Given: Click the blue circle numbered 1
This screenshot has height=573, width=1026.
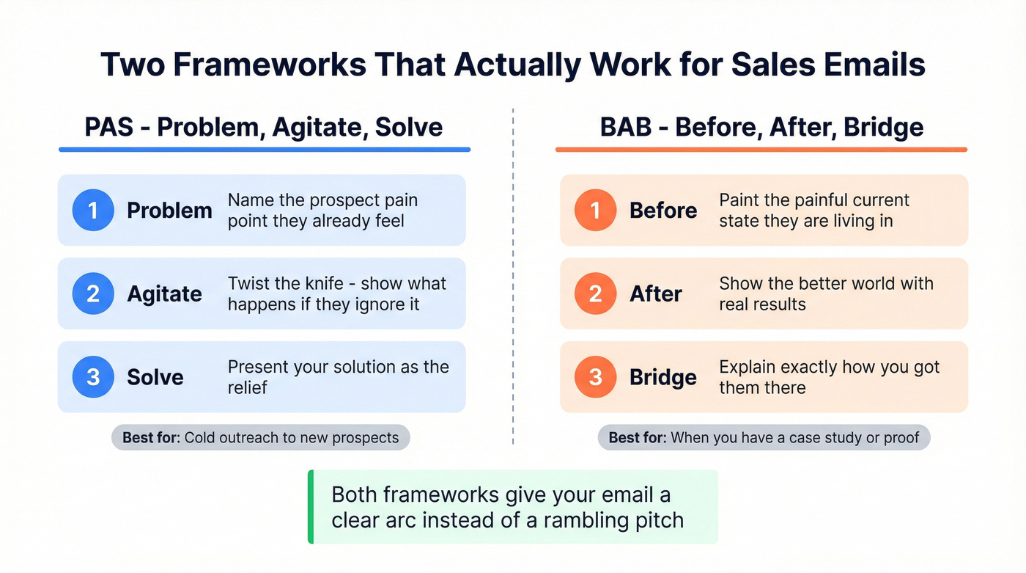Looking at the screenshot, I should coord(93,211).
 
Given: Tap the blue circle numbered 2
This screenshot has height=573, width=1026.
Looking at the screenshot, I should coord(93,293).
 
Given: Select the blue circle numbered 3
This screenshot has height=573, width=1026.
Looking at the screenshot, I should coord(93,377).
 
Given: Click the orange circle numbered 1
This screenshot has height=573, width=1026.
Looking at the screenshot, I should coord(595,211).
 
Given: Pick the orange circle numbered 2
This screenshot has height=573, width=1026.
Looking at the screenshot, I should coord(595,293).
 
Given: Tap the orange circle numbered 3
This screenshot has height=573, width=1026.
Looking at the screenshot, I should coord(595,377).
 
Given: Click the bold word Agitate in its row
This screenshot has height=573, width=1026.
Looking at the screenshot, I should coord(164,293).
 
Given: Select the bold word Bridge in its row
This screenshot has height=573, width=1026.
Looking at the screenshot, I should coord(663,377).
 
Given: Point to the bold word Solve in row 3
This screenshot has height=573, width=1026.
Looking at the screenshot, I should coord(155,377).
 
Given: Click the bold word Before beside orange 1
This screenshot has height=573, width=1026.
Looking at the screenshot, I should coord(663,211).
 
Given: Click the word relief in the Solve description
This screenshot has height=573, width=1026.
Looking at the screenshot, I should coord(248,387).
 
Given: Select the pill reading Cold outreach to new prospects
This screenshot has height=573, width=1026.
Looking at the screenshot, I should coord(260,438).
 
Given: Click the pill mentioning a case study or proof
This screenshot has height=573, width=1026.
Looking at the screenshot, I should coord(764,438).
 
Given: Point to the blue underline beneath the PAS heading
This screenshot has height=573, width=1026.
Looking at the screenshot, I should coord(264,150).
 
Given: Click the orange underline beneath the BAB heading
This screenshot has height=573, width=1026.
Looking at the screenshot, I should coord(761,150).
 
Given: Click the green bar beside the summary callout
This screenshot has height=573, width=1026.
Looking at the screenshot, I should coord(311,507).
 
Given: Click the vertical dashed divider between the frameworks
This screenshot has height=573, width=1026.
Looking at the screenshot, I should coord(513,279).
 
